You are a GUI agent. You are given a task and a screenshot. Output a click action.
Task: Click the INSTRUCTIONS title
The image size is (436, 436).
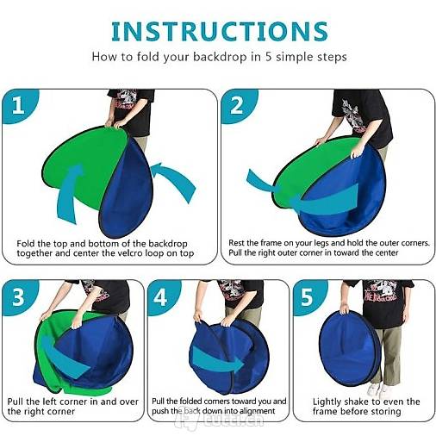(x=220, y=31)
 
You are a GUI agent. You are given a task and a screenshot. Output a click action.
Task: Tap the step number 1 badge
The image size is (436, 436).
(x=19, y=106)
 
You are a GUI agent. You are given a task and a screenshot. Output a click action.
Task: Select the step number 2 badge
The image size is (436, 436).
(x=238, y=106)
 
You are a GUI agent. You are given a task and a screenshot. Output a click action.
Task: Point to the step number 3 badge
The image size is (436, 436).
(x=19, y=297)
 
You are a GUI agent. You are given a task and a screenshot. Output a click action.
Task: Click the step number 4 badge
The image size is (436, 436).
(x=162, y=297)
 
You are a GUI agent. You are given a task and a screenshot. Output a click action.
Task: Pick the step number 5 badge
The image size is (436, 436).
(x=308, y=297)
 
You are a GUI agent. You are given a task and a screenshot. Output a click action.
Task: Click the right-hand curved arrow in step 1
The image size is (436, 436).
(x=173, y=181)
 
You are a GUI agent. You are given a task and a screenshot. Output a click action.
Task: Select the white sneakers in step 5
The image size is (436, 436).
(x=378, y=389)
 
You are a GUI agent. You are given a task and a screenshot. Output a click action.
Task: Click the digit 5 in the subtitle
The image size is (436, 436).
(x=268, y=57)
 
